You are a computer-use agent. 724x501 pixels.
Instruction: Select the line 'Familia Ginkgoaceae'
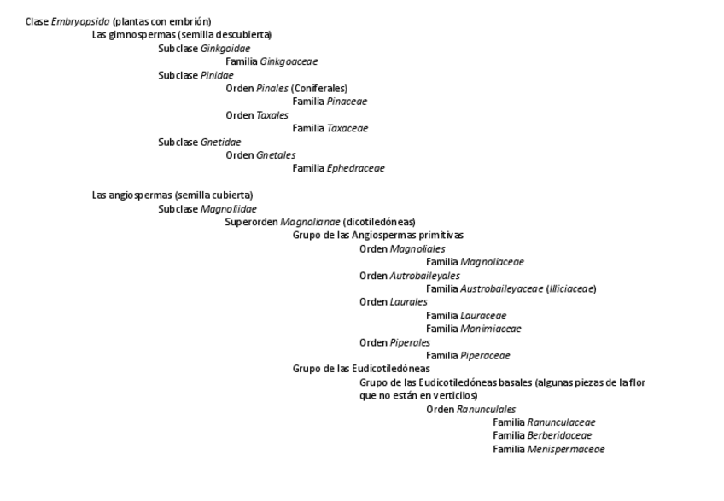[x=271, y=61]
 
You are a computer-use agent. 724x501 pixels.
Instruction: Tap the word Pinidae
[x=217, y=75]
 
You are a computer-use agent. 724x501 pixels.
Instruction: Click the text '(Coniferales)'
[x=319, y=88]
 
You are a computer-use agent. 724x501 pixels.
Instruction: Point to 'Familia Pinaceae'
[x=330, y=102]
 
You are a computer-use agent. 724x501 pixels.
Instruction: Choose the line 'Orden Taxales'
[x=257, y=115]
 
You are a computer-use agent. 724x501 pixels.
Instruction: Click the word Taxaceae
[x=347, y=129]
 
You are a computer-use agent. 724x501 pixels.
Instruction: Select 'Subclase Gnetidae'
[x=200, y=142]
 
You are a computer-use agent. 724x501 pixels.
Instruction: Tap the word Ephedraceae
[x=355, y=168]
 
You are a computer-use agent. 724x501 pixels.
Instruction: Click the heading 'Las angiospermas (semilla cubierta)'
[x=172, y=195]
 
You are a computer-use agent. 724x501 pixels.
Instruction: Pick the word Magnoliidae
[x=229, y=208]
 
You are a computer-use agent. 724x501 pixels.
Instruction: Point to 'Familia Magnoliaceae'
[x=475, y=262]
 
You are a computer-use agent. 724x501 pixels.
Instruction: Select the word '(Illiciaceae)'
[x=571, y=288]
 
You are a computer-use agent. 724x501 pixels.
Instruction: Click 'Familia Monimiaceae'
[x=474, y=329]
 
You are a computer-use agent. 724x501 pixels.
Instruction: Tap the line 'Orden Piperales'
[x=394, y=342]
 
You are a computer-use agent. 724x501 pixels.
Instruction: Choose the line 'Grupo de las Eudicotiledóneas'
[x=361, y=369]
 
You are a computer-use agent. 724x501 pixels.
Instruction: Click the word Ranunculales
[x=486, y=409]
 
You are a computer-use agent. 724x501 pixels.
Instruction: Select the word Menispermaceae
[x=565, y=449]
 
